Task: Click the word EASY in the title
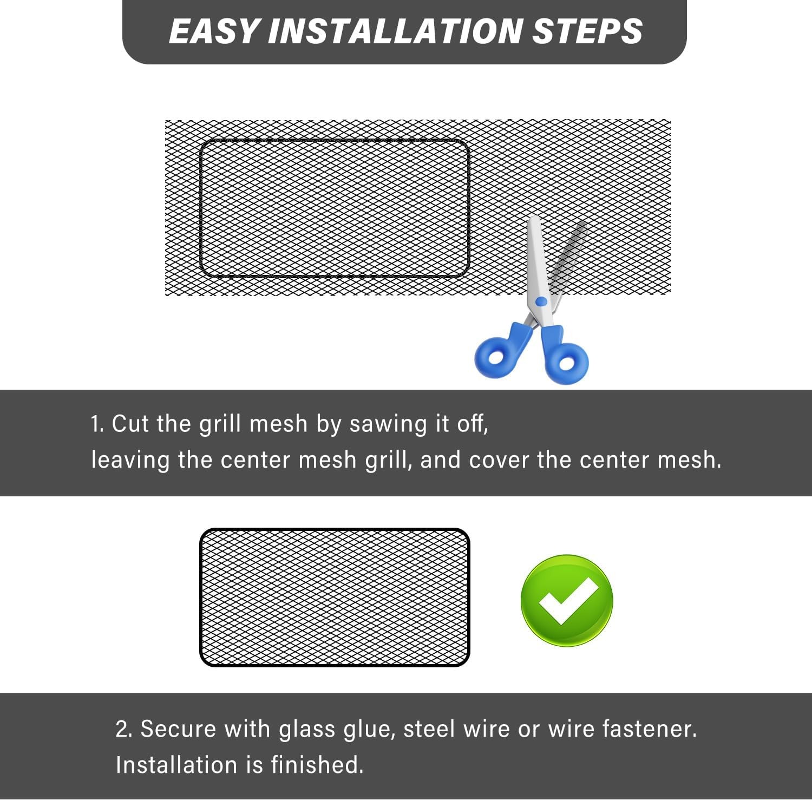tap(213, 31)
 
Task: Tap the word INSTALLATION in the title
tap(395, 31)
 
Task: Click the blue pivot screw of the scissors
tap(541, 301)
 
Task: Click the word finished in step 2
tap(317, 765)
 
